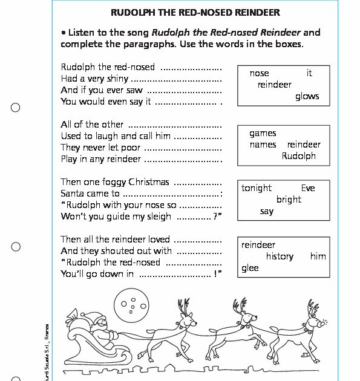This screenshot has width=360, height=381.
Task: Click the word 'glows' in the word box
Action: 307,97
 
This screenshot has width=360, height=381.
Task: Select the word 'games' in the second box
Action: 263,133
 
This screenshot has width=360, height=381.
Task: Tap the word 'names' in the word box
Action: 263,145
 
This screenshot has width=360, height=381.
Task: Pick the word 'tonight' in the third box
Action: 257,188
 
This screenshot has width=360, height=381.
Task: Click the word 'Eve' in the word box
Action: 308,188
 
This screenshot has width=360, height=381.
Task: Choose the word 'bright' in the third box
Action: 289,200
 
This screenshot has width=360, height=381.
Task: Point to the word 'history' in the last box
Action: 280,256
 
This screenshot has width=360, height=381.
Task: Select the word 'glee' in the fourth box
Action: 250,268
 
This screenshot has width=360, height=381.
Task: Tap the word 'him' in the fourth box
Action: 318,256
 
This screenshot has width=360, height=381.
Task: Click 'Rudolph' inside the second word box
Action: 299,156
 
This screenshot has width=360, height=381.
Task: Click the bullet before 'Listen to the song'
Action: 64,33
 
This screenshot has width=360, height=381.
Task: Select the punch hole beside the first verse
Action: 16,108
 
